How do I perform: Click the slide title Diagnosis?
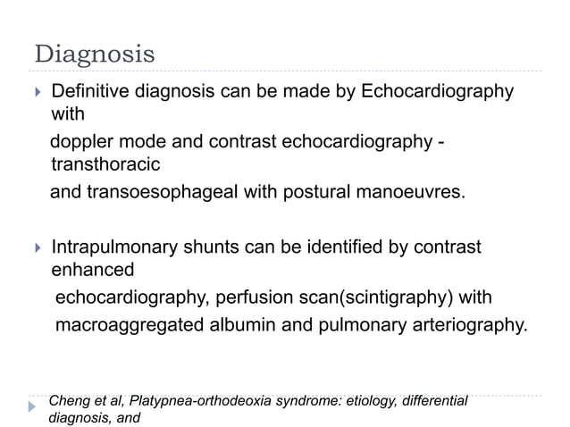click(94, 54)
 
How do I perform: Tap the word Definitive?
click(89, 92)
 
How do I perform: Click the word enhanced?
click(93, 269)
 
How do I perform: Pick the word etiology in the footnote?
click(356, 400)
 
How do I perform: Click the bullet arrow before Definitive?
click(37, 93)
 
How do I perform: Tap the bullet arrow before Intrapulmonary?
click(37, 247)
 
